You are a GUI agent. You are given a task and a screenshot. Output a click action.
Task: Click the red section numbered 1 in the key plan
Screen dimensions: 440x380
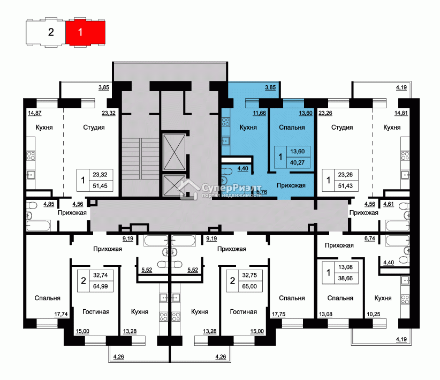click(85, 32)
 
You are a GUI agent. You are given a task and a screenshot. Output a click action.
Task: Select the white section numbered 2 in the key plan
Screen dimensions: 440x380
click(45, 32)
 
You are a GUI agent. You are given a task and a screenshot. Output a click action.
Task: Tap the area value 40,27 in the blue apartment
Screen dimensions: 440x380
click(297, 162)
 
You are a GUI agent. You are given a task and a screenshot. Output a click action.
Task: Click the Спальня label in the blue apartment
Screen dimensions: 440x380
click(292, 128)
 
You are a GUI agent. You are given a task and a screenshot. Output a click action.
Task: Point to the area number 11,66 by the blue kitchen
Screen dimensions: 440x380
click(259, 113)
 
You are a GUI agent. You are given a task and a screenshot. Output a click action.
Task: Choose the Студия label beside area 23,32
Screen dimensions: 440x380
click(94, 128)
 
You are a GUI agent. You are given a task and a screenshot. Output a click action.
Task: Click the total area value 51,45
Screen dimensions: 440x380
click(100, 186)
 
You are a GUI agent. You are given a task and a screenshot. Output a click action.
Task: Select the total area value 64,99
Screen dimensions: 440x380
click(101, 286)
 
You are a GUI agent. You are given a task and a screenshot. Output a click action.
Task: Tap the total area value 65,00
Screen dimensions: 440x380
click(249, 286)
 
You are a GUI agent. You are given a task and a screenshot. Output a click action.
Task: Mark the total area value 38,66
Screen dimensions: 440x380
click(345, 278)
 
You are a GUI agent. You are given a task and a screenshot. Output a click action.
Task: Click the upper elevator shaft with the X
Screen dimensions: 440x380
click(175, 152)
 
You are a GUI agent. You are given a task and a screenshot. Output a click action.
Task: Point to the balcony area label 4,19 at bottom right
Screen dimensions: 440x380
click(401, 339)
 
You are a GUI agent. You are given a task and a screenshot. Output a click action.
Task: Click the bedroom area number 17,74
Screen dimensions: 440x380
click(61, 314)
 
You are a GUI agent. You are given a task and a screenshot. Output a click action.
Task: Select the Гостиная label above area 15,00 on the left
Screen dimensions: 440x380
click(96, 312)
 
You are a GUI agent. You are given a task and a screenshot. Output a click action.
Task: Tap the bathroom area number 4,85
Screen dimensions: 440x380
click(49, 204)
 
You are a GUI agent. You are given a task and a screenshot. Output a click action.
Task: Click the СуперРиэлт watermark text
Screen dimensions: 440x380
click(231, 188)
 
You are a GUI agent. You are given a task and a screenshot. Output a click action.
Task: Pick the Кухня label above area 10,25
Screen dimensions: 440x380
click(383, 298)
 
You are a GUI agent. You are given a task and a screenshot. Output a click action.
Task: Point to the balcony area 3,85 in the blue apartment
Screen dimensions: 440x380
click(270, 87)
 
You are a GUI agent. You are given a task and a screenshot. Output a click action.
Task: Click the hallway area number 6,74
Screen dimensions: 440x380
click(369, 239)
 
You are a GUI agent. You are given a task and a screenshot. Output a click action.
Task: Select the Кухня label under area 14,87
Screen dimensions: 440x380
click(44, 128)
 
